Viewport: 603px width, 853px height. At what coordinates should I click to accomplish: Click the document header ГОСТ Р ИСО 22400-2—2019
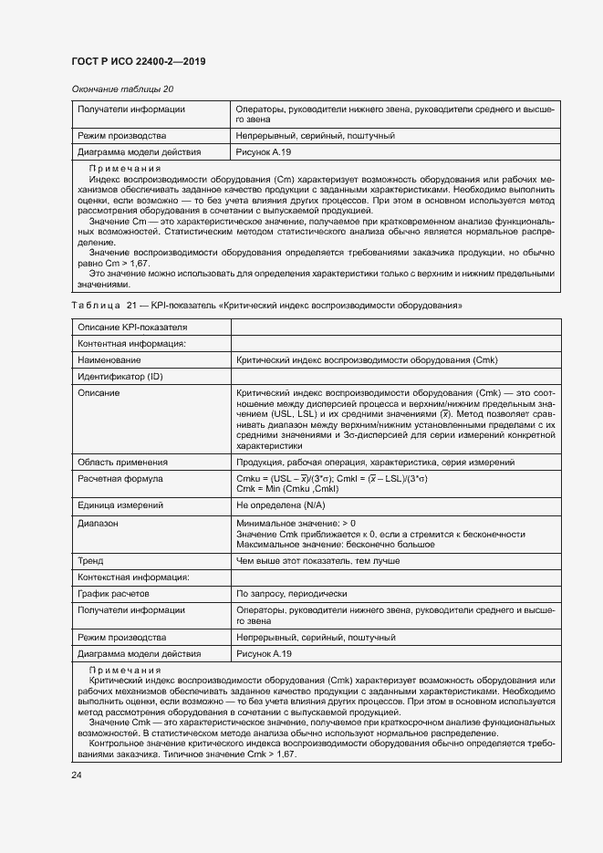(138, 62)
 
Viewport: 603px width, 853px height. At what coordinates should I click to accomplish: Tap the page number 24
(77, 775)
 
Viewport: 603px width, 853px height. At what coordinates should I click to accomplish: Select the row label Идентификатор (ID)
(120, 377)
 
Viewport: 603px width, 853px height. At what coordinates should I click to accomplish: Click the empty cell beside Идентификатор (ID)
(394, 377)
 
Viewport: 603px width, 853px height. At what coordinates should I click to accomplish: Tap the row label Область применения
(122, 463)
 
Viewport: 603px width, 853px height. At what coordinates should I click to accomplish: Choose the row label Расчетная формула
(120, 478)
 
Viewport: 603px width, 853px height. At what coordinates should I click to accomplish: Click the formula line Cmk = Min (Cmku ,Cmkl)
(293, 490)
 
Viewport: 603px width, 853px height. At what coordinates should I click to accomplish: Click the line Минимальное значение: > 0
(296, 523)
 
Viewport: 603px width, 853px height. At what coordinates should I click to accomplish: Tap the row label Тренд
(90, 561)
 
